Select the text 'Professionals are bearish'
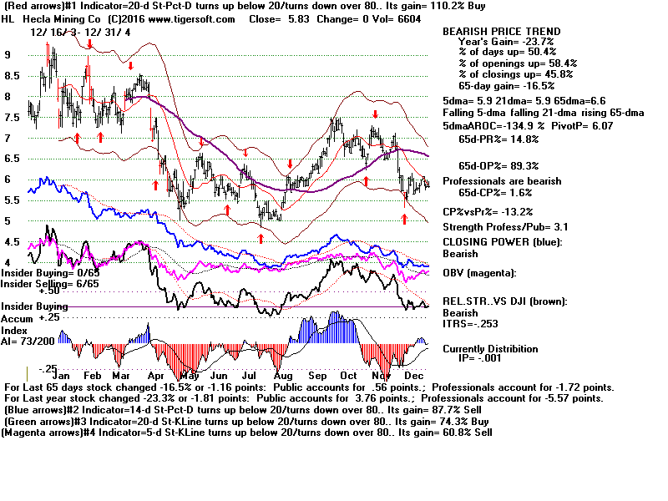513,181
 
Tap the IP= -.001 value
502,359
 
